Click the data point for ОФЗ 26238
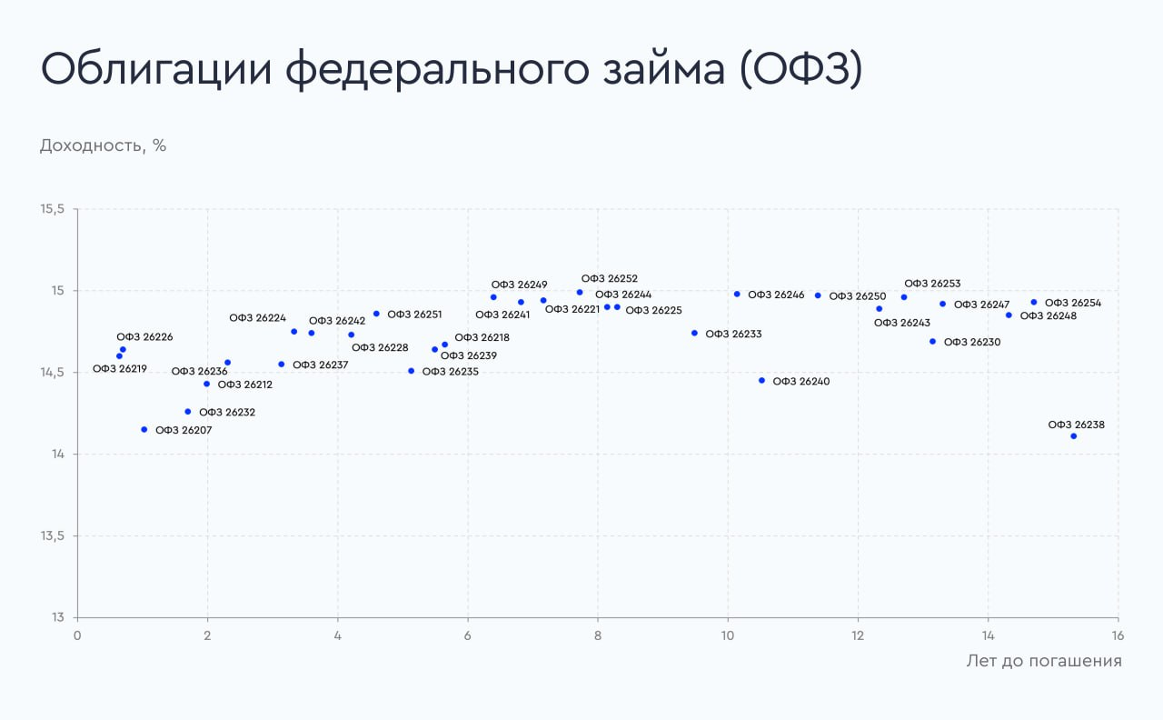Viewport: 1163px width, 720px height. point(1073,436)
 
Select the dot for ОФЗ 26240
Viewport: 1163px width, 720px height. point(761,381)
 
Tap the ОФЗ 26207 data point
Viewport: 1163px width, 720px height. point(144,429)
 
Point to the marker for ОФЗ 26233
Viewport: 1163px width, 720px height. point(694,333)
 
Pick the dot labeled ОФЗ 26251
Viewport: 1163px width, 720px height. point(376,314)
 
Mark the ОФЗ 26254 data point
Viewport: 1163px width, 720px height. point(1034,302)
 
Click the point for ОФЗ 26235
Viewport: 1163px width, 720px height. point(411,371)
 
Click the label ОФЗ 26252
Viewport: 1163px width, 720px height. point(610,279)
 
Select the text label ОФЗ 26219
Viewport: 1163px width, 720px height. point(120,369)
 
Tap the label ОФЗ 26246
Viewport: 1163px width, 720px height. point(776,295)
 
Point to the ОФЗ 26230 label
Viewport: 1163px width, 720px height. point(972,343)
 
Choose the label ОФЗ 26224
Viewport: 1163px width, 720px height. point(257,318)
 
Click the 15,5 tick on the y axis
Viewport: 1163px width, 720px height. point(53,209)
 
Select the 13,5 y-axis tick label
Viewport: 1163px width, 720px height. point(53,536)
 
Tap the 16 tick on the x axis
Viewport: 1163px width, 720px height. point(1118,635)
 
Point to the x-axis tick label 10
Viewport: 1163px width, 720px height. point(728,635)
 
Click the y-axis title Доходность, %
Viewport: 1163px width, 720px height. point(103,145)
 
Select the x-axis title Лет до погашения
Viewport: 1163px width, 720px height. point(1043,661)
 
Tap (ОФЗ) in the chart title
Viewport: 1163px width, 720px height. point(800,70)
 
